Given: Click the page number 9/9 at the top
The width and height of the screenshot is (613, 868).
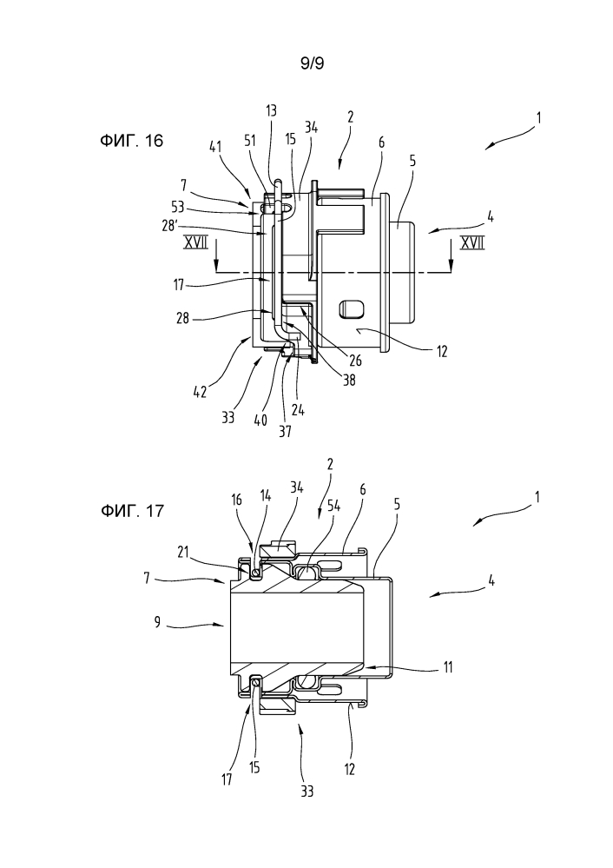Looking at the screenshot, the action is pyautogui.click(x=312, y=63).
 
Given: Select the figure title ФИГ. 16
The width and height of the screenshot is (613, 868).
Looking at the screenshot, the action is pyautogui.click(x=132, y=141).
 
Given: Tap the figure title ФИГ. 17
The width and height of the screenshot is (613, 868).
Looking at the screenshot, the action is pyautogui.click(x=132, y=510).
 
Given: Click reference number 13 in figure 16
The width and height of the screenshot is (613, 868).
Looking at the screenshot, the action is pyautogui.click(x=272, y=110).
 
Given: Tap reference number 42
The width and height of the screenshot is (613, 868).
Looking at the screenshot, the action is pyautogui.click(x=200, y=392).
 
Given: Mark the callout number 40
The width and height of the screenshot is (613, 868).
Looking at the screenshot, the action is pyautogui.click(x=260, y=421).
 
